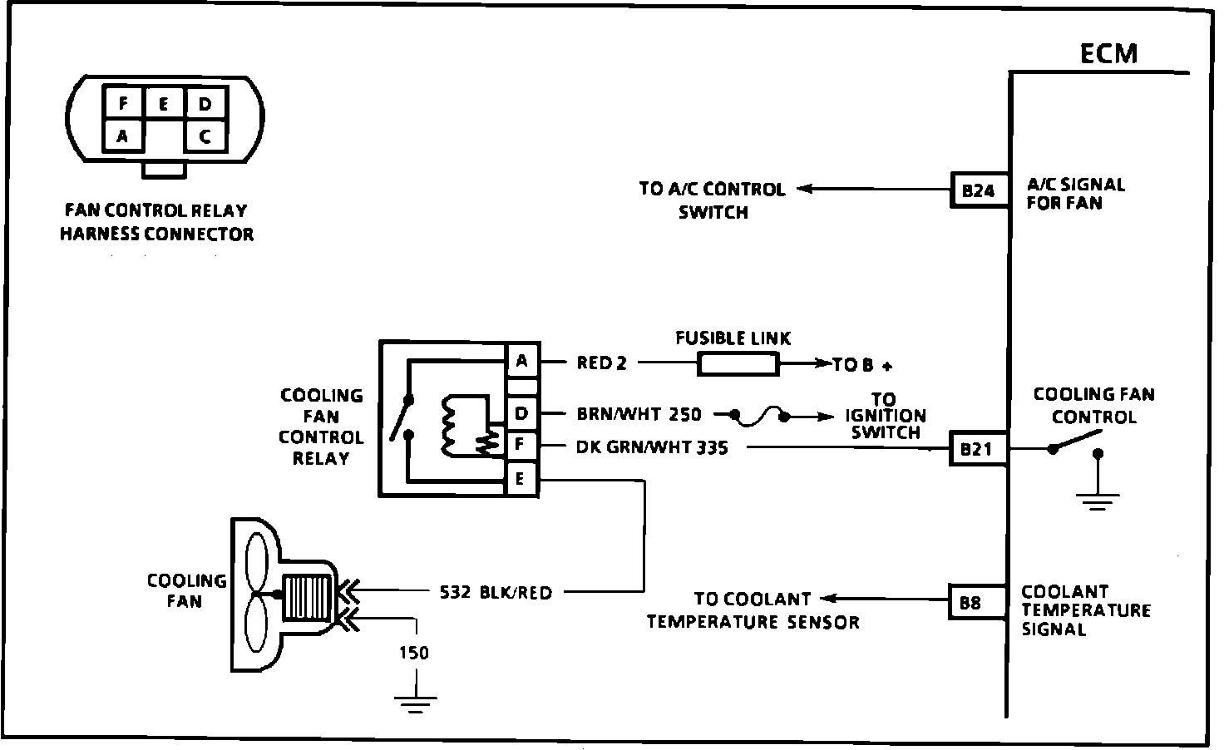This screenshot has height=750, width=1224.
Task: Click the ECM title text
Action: tap(1108, 54)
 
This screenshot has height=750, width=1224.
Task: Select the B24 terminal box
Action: tap(980, 190)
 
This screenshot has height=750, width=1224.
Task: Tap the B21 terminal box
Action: tap(978, 448)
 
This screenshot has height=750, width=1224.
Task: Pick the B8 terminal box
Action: tap(977, 602)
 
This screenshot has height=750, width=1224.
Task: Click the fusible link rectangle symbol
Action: tap(738, 364)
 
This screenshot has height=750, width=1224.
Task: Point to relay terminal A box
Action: tap(522, 361)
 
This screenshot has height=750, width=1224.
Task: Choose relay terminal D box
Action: tap(522, 413)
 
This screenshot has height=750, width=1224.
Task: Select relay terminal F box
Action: tap(521, 443)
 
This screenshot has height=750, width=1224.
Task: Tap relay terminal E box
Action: tap(521, 479)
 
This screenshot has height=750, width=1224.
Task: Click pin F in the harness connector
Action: tap(123, 102)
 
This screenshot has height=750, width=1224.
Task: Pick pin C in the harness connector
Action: tap(205, 136)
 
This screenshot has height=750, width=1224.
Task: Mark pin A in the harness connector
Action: tap(123, 136)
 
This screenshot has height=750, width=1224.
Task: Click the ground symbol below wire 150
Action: tap(415, 704)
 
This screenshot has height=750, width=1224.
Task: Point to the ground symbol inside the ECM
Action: tap(1098, 501)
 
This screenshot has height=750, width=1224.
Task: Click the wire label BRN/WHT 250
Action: tap(639, 414)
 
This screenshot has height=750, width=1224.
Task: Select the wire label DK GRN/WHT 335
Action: tap(652, 447)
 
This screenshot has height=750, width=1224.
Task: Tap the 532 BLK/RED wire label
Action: tap(496, 592)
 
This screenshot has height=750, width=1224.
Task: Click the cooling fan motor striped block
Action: tap(307, 598)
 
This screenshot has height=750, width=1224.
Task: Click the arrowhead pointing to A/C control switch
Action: tap(805, 189)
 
